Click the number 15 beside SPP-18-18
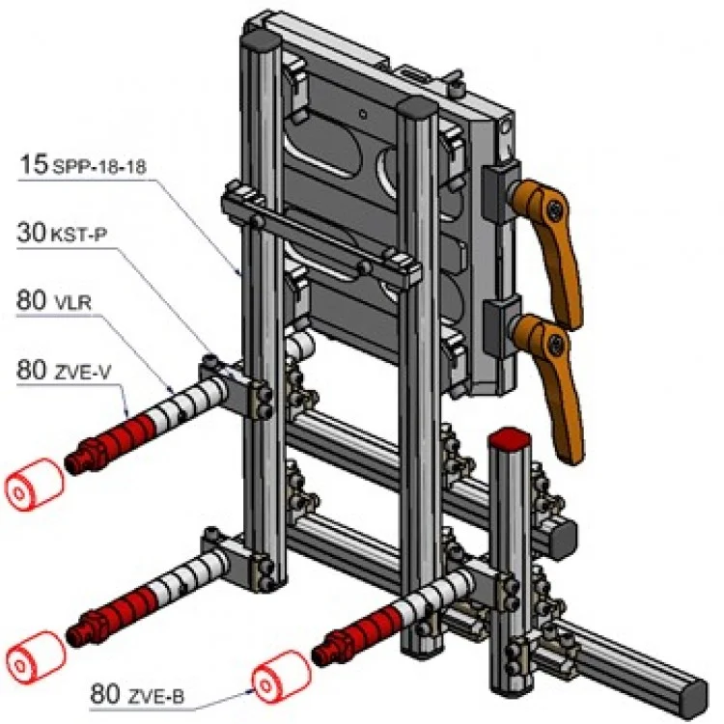coord(32,164)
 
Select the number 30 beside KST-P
coord(32,232)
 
